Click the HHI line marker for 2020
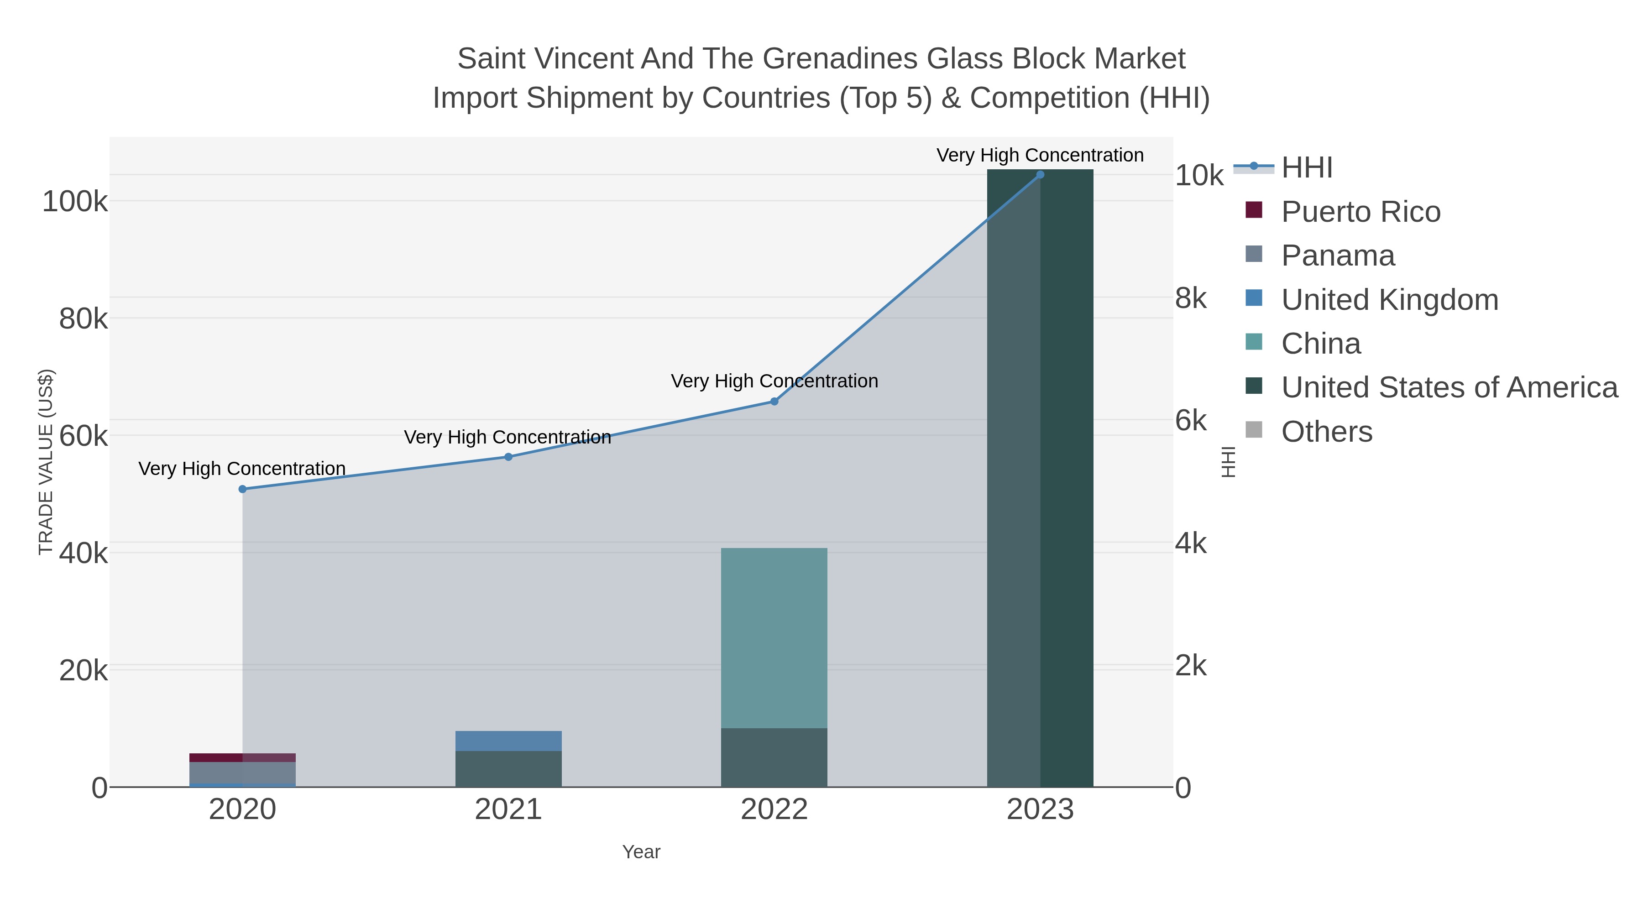pyautogui.click(x=242, y=489)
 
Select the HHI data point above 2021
pyautogui.click(x=508, y=457)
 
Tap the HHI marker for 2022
pyautogui.click(x=774, y=401)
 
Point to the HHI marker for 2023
pyautogui.click(x=1040, y=174)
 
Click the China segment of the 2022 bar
pyautogui.click(x=774, y=638)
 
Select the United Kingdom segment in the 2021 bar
pyautogui.click(x=508, y=741)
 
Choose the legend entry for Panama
pyautogui.click(x=1338, y=256)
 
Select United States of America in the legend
pyautogui.click(x=1449, y=388)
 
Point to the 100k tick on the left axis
pyautogui.click(x=75, y=202)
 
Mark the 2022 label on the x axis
pyautogui.click(x=774, y=810)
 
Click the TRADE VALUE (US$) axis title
pyautogui.click(x=46, y=462)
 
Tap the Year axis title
pyautogui.click(x=641, y=852)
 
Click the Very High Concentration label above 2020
pyautogui.click(x=242, y=469)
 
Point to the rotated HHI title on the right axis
pyautogui.click(x=1229, y=462)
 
